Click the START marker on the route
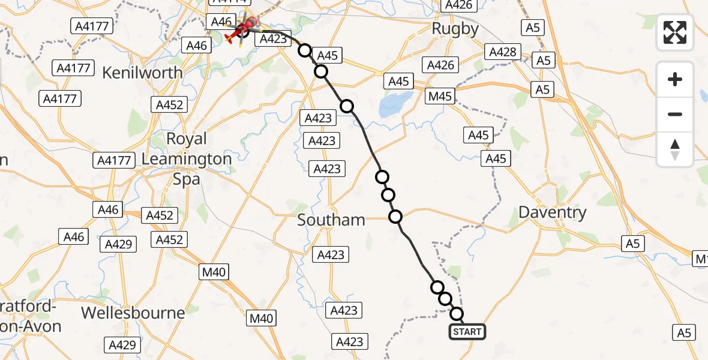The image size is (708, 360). (467, 332)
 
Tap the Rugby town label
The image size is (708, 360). (455, 29)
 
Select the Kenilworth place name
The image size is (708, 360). (142, 73)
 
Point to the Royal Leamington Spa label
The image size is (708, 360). (187, 158)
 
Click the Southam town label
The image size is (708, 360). (331, 220)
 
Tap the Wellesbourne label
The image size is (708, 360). (133, 313)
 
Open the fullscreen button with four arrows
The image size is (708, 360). (675, 32)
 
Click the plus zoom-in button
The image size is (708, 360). (675, 79)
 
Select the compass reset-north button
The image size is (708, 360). (675, 149)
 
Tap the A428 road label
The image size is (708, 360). (503, 52)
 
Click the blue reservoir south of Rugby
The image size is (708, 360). (397, 105)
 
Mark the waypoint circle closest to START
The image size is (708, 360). (457, 314)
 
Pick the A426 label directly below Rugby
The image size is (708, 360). (440, 65)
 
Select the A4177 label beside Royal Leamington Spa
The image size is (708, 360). (113, 160)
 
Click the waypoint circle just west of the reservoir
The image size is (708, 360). (347, 106)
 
